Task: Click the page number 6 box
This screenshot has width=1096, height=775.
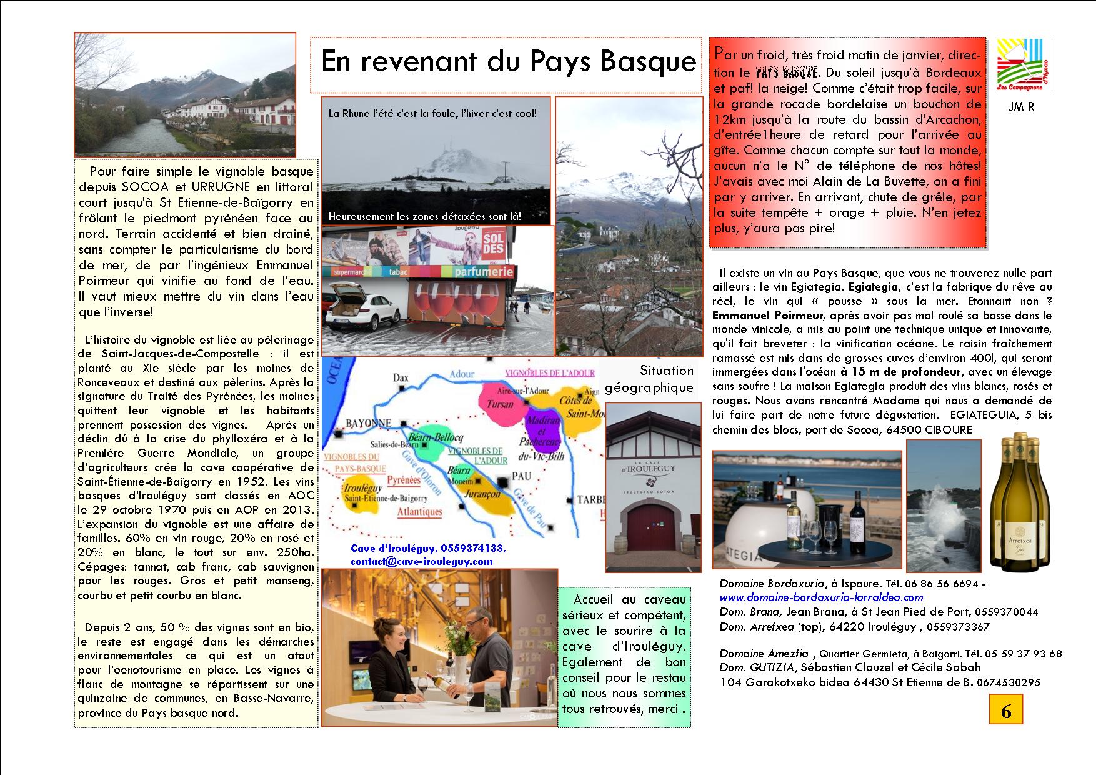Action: click(1005, 710)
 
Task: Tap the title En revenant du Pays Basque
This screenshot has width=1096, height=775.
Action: click(508, 61)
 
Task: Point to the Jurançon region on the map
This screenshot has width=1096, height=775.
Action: click(484, 493)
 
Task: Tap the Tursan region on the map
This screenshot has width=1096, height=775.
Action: click(500, 404)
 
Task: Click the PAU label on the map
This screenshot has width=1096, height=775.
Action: click(521, 476)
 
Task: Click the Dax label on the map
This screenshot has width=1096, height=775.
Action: click(401, 377)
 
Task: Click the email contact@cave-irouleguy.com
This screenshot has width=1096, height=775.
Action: click(421, 561)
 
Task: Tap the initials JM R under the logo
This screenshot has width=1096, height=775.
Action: click(1022, 107)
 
